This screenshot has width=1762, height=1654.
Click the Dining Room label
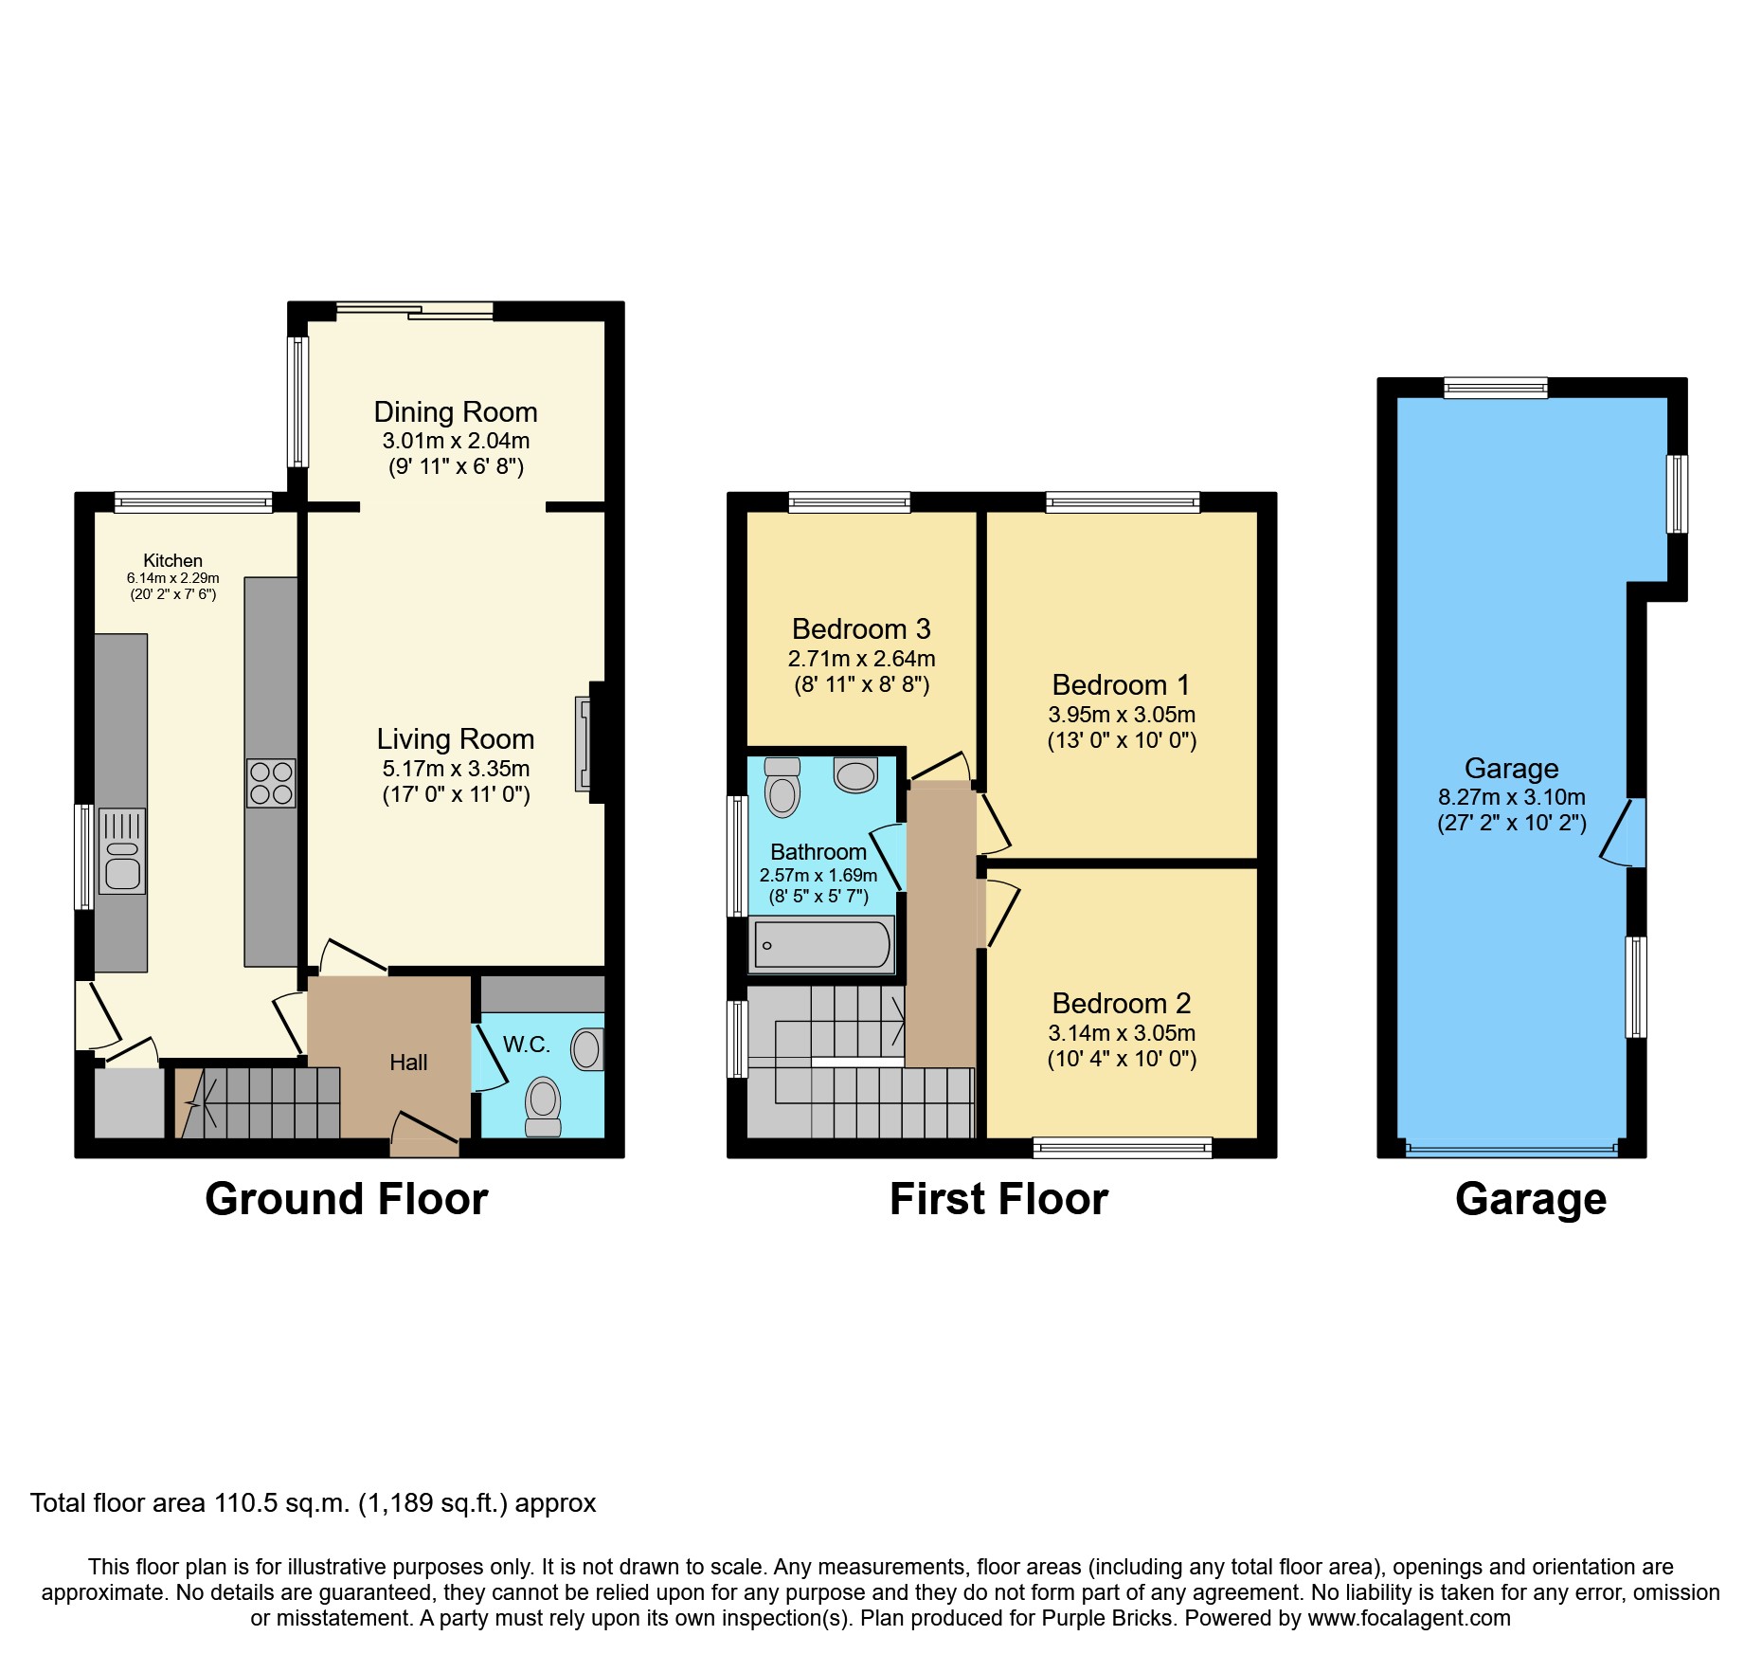pos(456,412)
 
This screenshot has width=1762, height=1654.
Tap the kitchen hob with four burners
pos(271,783)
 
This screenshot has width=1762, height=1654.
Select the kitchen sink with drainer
pos(122,851)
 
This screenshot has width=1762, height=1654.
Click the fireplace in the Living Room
pos(584,744)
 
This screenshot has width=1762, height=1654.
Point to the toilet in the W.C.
pos(543,1105)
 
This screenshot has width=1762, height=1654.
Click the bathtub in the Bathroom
pos(821,944)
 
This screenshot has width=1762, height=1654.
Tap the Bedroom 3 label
pos(861,629)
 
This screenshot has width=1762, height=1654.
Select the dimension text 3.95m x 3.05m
pos(1122,715)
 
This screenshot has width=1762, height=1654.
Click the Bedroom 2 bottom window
pos(1122,1148)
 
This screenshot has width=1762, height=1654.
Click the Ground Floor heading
pos(347,1200)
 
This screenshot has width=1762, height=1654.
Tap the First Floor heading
pos(998,1200)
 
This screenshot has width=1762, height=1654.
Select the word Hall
pos(408,1063)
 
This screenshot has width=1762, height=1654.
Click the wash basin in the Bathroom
pos(855,774)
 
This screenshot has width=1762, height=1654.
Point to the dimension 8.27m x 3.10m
pos(1511,797)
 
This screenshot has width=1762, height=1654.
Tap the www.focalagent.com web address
pos(1409,1618)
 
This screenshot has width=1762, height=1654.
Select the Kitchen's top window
pos(193,502)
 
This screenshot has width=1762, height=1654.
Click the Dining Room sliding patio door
pos(414,311)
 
